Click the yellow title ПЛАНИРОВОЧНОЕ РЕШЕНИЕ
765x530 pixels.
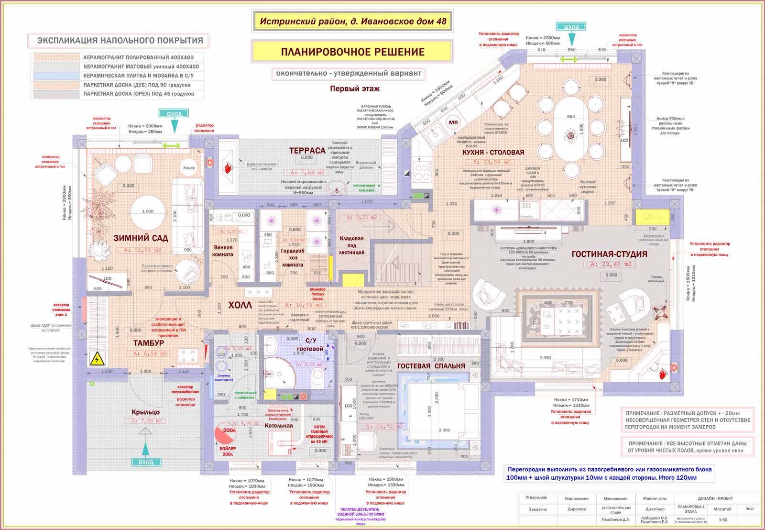click(x=352, y=52)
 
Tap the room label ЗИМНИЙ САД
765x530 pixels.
click(x=141, y=238)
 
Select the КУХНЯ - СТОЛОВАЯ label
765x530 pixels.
click(x=493, y=153)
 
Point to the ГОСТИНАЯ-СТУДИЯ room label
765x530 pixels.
click(x=609, y=254)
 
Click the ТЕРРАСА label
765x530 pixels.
click(x=307, y=151)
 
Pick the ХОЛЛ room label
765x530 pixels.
click(x=240, y=305)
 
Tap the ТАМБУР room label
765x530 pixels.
click(x=148, y=343)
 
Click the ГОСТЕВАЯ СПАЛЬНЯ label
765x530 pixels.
click(x=431, y=366)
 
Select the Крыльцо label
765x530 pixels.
click(x=146, y=412)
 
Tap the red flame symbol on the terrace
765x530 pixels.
click(x=228, y=168)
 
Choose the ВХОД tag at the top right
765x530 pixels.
click(x=571, y=27)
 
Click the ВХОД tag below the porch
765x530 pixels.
click(x=146, y=462)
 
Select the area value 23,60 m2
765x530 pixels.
click(x=611, y=264)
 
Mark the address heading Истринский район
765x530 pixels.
click(x=353, y=22)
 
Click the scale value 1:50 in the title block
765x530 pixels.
click(x=722, y=520)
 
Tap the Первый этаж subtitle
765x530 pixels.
click(x=355, y=88)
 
